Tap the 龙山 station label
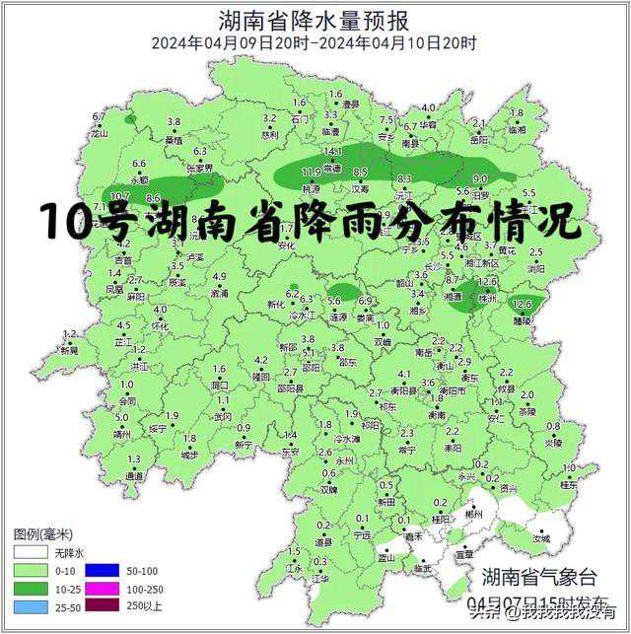99,131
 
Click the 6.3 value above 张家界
200,152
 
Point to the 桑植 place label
174,139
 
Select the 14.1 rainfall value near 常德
333,152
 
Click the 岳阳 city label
479,140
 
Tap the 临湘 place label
517,129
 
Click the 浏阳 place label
535,268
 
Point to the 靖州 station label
122,433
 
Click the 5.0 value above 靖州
121,419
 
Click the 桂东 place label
569,484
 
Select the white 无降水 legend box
29,554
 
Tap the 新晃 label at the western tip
69,350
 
